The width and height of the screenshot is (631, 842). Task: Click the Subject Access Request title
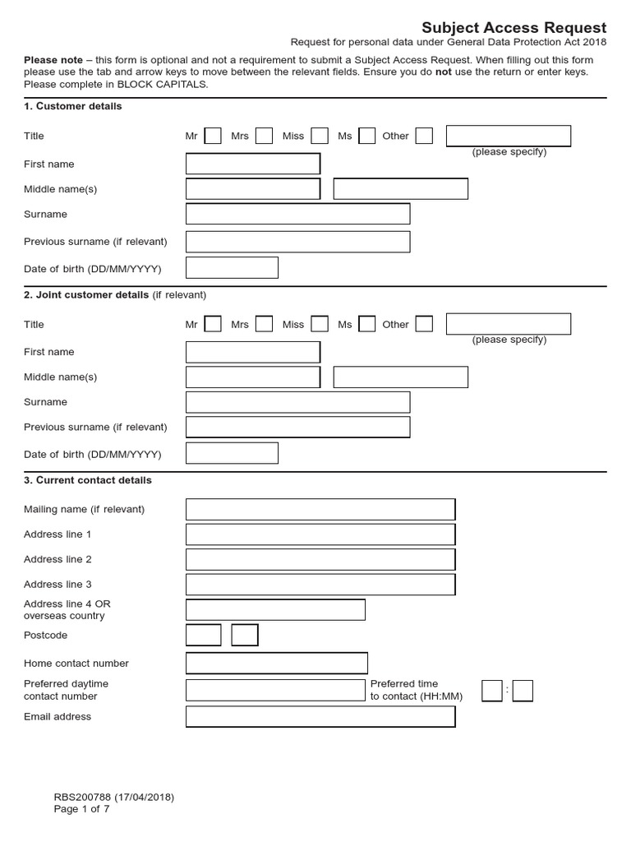pos(514,28)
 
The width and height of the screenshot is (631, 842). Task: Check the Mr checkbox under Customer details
pos(213,136)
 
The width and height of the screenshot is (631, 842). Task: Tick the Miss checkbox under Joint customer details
pos(320,324)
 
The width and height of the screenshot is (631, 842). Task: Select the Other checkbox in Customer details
pos(424,136)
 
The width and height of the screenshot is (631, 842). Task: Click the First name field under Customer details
pos(253,164)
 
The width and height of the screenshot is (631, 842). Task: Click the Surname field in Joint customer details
pos(297,402)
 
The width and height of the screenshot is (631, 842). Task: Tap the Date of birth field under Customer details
pos(233,268)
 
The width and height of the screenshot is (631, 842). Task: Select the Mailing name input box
pos(320,509)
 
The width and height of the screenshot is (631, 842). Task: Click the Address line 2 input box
pos(320,560)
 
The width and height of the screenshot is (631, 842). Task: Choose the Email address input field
pos(320,717)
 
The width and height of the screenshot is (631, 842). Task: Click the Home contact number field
pos(277,663)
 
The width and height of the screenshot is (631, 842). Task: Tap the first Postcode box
pos(204,635)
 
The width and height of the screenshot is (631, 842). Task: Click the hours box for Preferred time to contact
pos(491,691)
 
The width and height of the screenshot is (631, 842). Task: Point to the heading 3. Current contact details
pos(88,480)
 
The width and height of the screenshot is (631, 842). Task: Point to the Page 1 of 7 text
pos(81,808)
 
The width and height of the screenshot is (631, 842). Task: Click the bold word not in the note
pos(444,72)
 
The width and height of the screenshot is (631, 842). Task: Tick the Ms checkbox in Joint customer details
pos(367,324)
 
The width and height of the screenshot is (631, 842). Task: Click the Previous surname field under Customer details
pos(297,242)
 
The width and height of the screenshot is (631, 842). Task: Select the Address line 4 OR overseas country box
pos(275,609)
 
